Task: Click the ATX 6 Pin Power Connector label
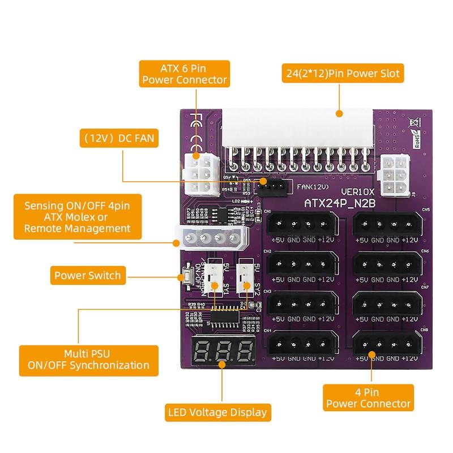click(184, 74)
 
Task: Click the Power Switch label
click(87, 276)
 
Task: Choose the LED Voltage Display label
click(216, 412)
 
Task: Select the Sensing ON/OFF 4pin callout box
click(77, 216)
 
